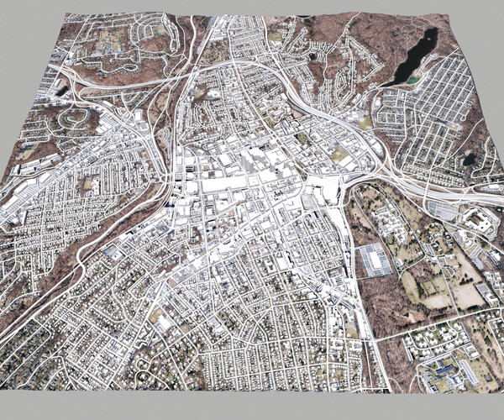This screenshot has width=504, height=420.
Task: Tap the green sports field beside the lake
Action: coord(412,81)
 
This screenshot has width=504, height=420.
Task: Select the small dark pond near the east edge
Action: coord(469,158)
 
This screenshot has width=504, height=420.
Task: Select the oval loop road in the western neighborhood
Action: coord(73,118)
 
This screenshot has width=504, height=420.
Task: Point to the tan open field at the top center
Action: coord(276,37)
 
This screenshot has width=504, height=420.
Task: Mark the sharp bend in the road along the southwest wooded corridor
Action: coord(84,252)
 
